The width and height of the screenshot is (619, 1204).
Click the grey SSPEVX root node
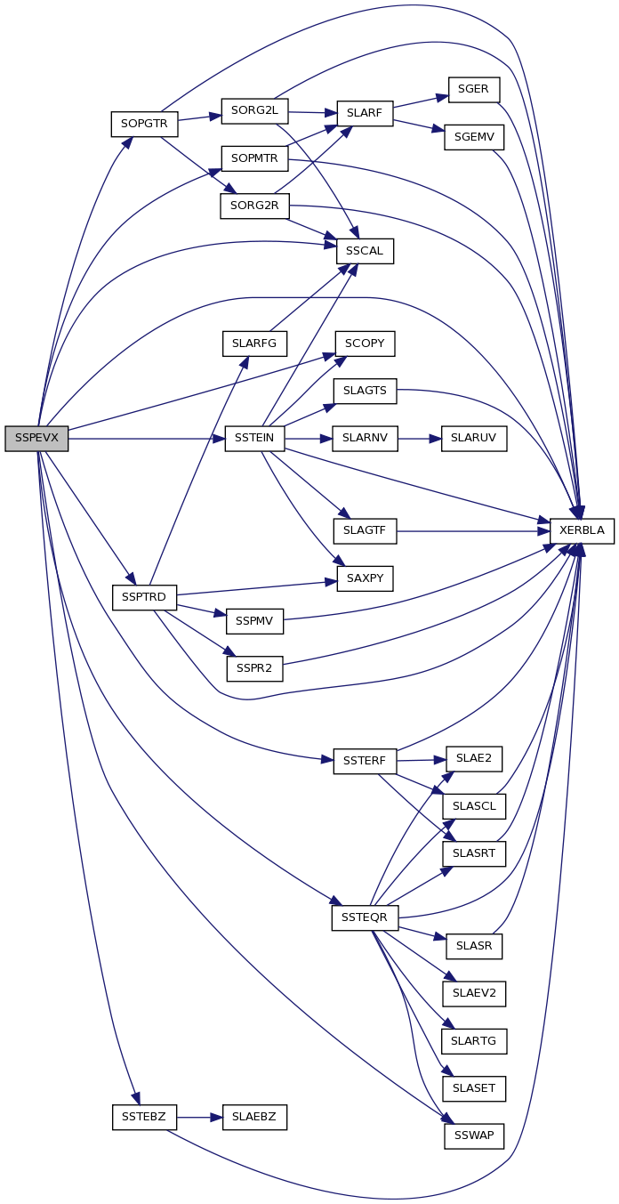click(36, 439)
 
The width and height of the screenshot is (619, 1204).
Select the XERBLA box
click(582, 531)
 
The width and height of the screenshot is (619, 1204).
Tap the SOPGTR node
click(145, 125)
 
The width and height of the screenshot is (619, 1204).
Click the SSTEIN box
click(254, 439)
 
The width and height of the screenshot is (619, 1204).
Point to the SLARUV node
click(474, 439)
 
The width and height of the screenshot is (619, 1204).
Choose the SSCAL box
click(365, 251)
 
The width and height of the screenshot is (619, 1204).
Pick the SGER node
click(474, 90)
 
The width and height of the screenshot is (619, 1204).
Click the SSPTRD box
click(145, 598)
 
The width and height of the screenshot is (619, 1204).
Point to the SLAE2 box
click(474, 759)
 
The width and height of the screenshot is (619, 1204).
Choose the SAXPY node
click(365, 579)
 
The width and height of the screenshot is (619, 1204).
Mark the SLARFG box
click(254, 343)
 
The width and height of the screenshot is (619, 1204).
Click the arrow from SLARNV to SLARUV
click(420, 439)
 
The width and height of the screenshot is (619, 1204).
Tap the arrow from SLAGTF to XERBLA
click(473, 531)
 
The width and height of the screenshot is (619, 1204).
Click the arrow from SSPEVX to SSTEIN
click(147, 439)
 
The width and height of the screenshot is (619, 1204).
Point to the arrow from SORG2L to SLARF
click(313, 112)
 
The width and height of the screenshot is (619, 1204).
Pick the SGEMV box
click(474, 138)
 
